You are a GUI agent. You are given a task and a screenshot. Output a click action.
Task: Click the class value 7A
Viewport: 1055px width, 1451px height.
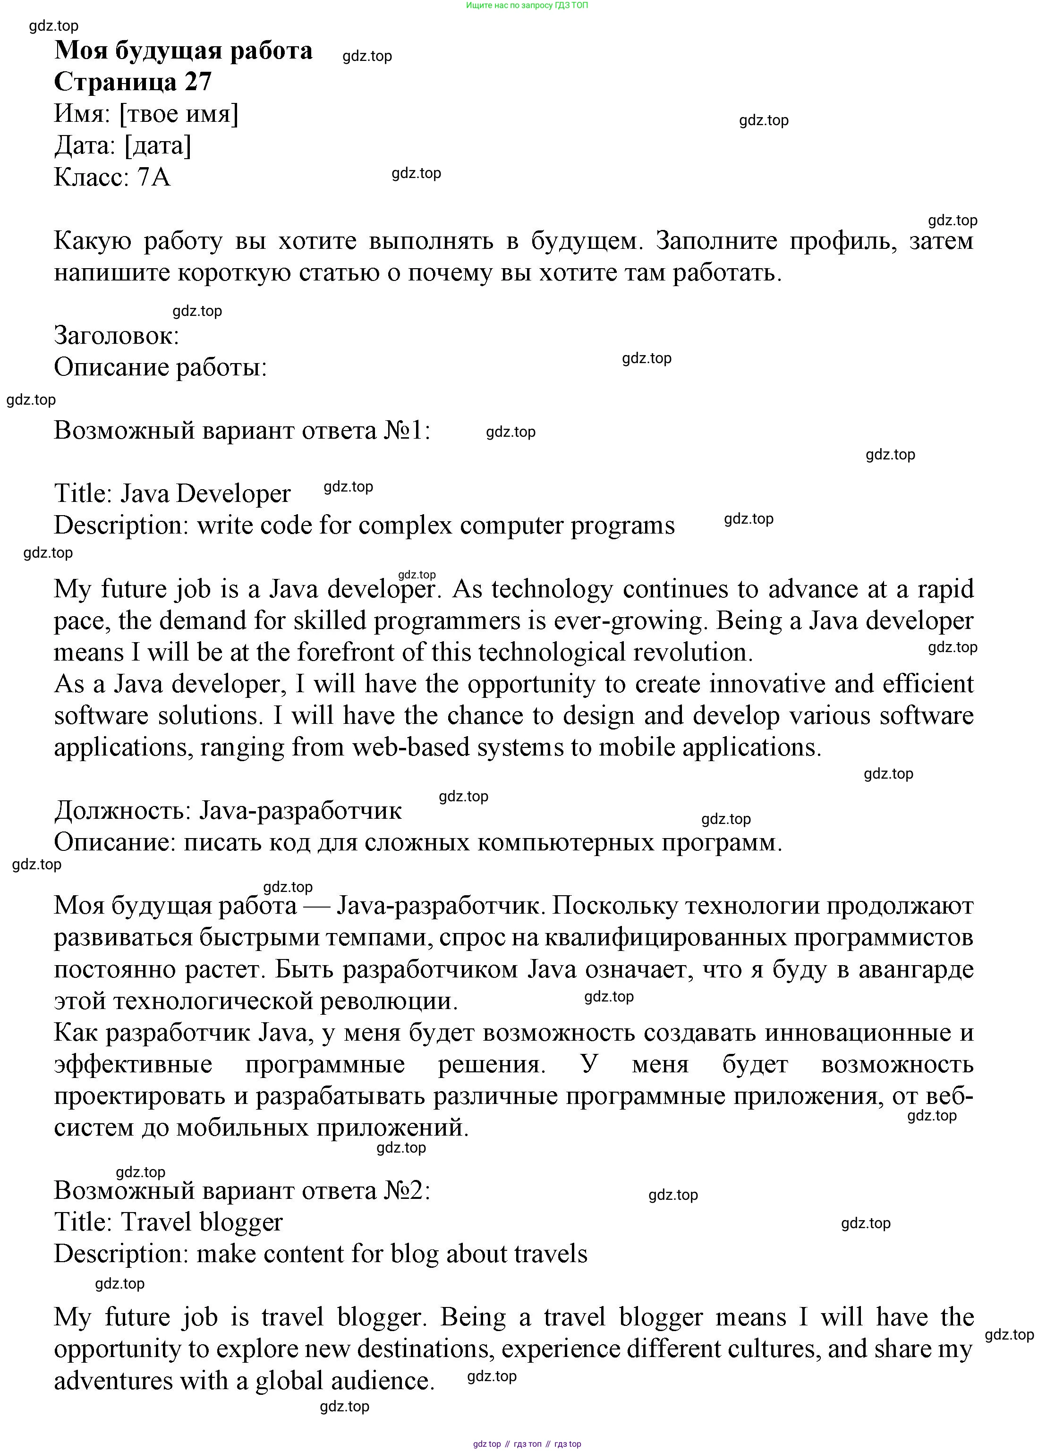click(153, 177)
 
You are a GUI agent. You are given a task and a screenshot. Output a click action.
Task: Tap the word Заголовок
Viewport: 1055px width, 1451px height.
click(116, 336)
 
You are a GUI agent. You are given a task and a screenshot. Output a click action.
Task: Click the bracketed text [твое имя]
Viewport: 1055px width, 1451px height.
click(179, 114)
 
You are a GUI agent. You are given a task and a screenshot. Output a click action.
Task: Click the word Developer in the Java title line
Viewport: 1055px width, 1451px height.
click(233, 494)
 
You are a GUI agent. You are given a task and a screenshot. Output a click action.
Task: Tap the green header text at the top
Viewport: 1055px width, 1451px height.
click(527, 5)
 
